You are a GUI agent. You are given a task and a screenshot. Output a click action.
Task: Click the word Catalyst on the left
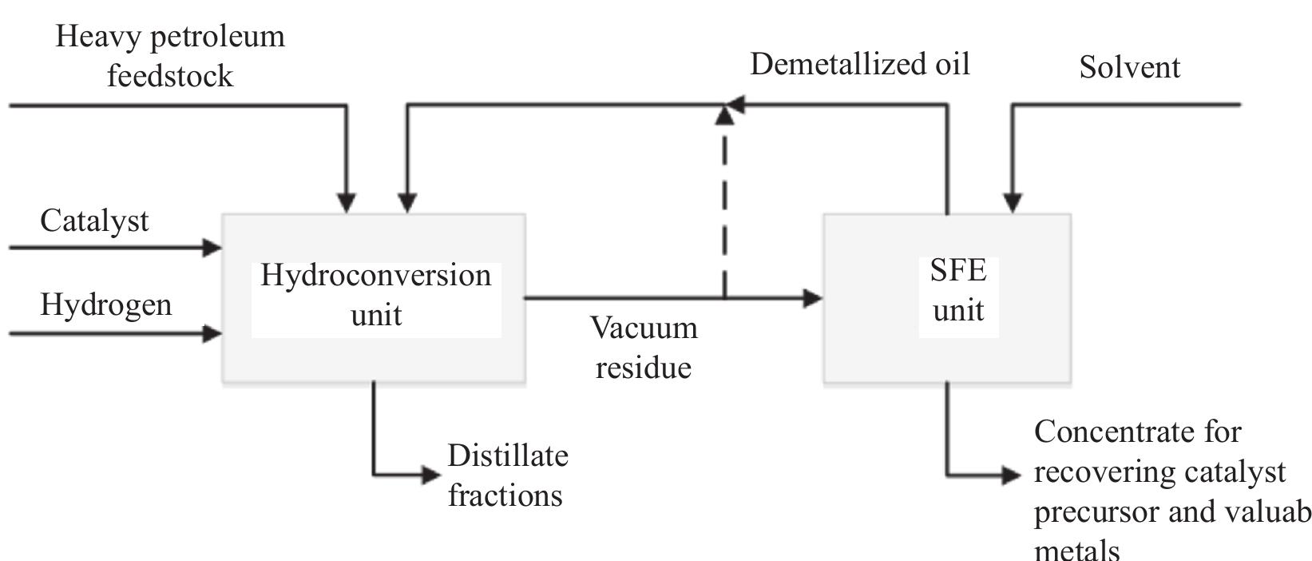click(x=94, y=221)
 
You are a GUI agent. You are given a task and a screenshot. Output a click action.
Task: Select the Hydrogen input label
click(x=105, y=305)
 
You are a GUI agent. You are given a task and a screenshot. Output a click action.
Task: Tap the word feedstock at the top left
click(x=170, y=77)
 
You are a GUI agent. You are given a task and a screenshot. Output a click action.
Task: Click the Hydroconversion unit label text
click(x=375, y=295)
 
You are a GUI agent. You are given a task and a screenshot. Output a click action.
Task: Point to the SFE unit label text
click(x=958, y=290)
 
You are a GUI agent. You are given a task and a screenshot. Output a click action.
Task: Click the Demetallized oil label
click(x=859, y=64)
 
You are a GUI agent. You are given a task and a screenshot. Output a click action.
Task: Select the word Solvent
click(x=1129, y=67)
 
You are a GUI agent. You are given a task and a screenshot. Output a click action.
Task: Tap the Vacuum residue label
click(x=644, y=348)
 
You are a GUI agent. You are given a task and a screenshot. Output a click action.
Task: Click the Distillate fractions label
click(x=507, y=475)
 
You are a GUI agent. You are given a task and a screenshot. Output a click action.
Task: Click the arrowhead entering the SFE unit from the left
click(x=812, y=299)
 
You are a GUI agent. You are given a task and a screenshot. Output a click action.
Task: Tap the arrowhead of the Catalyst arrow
click(x=212, y=248)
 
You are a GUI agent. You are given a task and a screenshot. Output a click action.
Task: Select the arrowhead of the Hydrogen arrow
click(x=212, y=333)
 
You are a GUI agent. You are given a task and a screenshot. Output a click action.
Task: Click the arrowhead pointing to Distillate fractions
click(x=431, y=475)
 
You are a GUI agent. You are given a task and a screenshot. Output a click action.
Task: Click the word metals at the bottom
click(x=1076, y=550)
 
